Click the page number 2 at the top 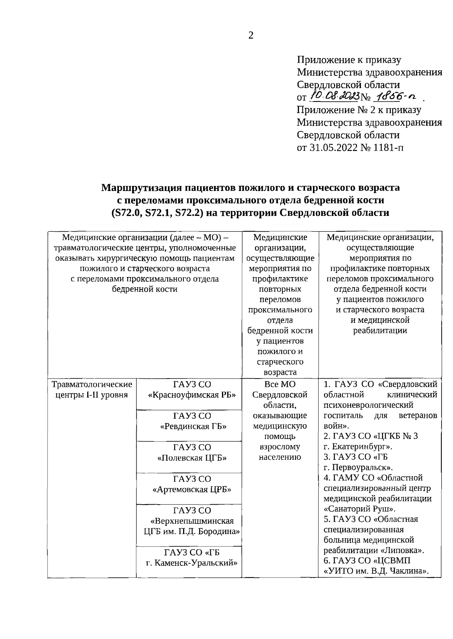pyautogui.click(x=251, y=35)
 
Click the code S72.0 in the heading pyautogui.click(x=126, y=212)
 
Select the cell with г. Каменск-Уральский pyautogui.click(x=192, y=563)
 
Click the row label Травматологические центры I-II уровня pyautogui.click(x=91, y=390)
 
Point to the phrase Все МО pyautogui.click(x=280, y=384)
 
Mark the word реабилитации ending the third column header pyautogui.click(x=380, y=331)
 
